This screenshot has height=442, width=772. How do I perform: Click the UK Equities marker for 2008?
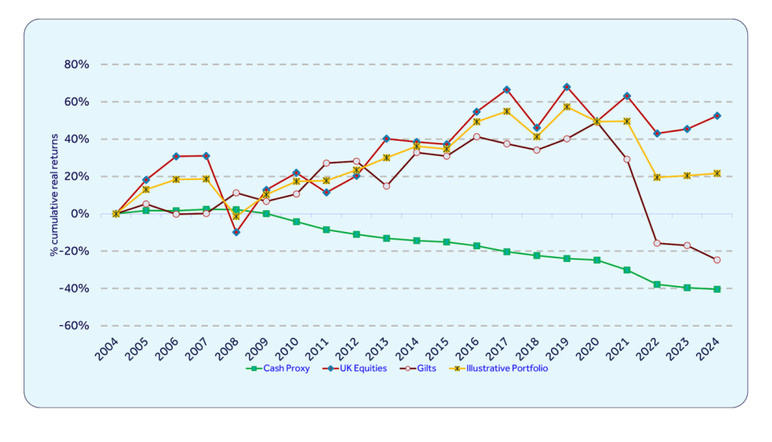tap(236, 232)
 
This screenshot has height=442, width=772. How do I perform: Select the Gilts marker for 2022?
tap(657, 243)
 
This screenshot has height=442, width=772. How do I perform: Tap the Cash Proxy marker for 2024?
tap(717, 289)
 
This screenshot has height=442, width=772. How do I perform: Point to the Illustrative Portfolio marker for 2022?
tap(657, 177)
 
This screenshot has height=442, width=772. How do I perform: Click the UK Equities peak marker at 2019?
tap(567, 87)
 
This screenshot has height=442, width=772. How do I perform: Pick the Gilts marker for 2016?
tap(476, 137)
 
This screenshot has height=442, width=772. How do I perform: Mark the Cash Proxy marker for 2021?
tap(627, 270)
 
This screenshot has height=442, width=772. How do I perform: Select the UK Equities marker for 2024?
tap(717, 116)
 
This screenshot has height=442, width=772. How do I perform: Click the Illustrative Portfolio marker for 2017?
tap(507, 111)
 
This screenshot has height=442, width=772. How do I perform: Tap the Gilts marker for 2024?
tap(717, 260)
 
